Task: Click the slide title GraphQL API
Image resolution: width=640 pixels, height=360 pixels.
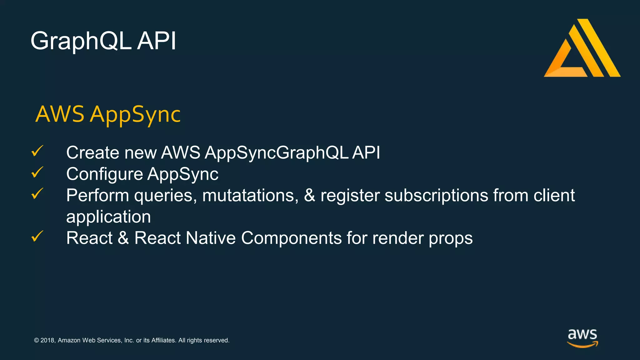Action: coord(103,41)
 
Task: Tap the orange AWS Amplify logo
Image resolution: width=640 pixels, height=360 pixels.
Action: coord(582,48)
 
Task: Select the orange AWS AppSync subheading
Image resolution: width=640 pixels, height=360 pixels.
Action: coord(108,114)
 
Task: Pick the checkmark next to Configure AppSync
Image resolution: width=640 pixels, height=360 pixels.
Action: coord(37,172)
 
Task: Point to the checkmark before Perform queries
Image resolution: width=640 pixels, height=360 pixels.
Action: coord(37,194)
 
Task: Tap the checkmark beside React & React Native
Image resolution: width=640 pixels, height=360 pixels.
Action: coord(37,237)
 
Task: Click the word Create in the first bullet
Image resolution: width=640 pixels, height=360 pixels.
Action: coord(93,153)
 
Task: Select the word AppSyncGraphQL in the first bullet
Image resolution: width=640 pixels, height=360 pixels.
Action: coord(277,153)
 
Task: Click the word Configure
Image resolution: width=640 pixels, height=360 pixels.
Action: coord(104,174)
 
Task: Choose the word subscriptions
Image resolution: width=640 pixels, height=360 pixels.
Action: coord(436,196)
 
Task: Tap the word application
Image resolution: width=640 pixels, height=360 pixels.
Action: coord(108,217)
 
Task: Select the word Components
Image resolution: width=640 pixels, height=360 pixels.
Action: coord(291,238)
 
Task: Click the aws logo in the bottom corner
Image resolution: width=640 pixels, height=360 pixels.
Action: coord(582,338)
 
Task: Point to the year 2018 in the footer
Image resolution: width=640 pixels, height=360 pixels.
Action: coord(47,340)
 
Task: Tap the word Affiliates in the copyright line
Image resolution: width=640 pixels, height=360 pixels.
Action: coord(163,340)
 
